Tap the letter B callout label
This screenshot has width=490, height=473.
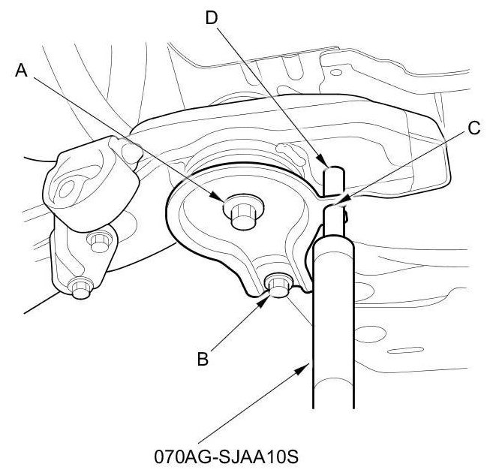coord(200,359)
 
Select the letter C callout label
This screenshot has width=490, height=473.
coord(473,128)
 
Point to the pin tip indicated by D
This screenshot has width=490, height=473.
coord(333,177)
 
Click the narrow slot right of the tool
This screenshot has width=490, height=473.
coord(404,349)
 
